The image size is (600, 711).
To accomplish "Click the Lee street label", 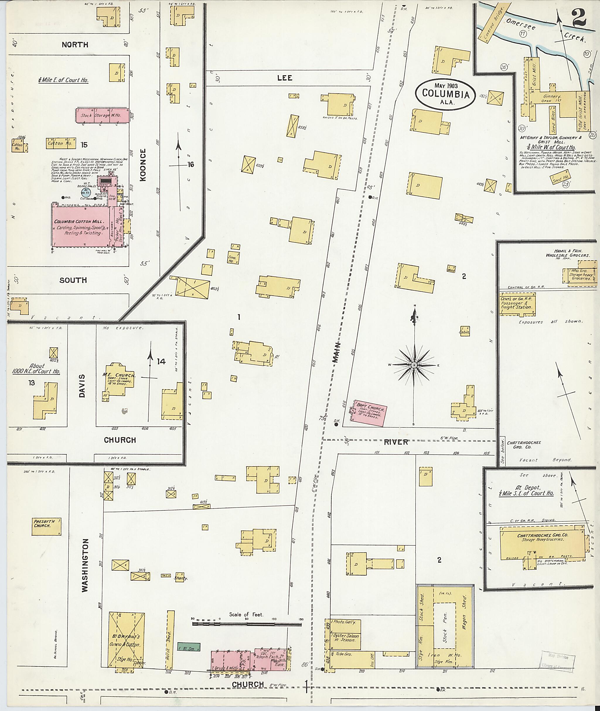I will point(284,78).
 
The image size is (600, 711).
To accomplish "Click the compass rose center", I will point(414,365).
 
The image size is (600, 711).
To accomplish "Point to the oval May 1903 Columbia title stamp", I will point(445,95).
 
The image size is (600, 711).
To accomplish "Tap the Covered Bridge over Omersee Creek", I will point(494,22).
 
